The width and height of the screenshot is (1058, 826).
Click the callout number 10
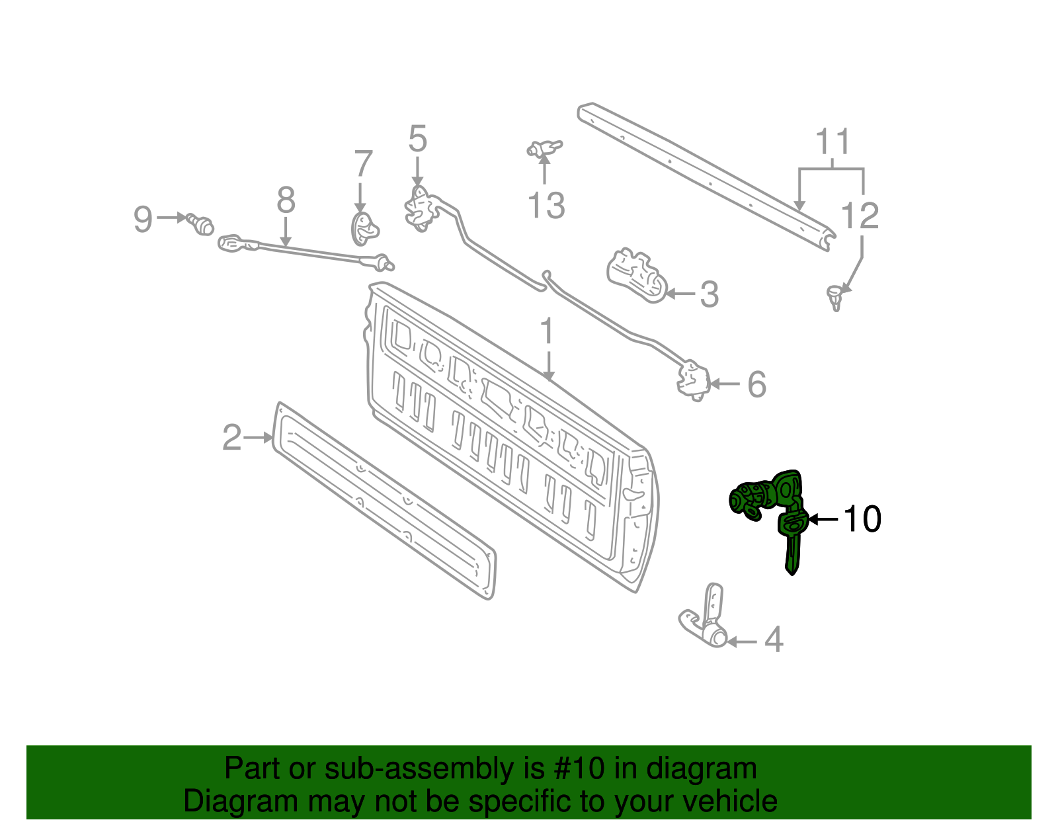pos(863,519)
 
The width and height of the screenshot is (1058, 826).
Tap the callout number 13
pos(546,206)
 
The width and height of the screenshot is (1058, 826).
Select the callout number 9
pos(143,219)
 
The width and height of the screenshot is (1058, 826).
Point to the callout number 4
pos(774,640)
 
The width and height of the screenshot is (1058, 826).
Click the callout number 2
pos(231,438)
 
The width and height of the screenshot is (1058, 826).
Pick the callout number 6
pos(756,384)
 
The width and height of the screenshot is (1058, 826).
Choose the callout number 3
pos(709,294)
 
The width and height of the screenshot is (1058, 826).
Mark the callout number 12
pos(860,216)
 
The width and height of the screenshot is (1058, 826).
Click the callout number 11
pos(832,142)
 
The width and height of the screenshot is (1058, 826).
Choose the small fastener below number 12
pos(836,296)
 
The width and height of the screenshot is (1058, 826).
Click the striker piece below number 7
pos(363,227)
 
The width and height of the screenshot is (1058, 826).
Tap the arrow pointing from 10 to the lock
pos(823,519)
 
